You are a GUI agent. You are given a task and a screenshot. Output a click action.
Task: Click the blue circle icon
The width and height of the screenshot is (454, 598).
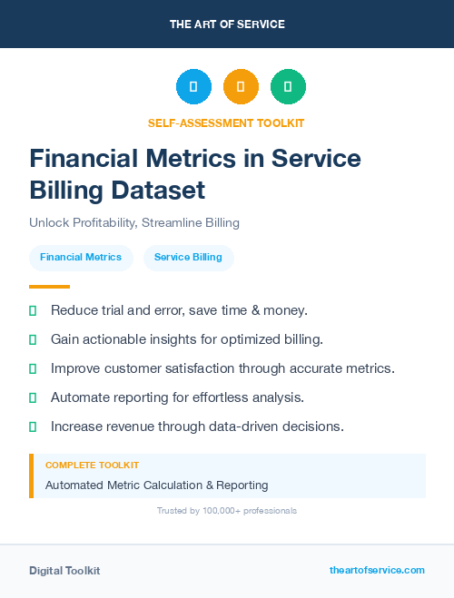193,86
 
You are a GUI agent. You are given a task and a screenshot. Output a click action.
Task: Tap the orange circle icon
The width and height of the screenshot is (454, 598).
241,86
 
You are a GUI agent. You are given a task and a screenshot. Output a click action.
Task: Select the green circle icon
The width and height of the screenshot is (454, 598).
288,86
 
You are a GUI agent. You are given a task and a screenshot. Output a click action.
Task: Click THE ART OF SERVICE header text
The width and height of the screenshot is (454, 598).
227,25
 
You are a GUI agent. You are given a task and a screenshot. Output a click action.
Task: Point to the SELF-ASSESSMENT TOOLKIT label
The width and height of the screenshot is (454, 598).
226,123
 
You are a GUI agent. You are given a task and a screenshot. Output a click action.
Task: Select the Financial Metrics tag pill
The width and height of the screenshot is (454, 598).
81,258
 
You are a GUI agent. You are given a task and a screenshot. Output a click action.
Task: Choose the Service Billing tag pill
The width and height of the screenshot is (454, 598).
188,258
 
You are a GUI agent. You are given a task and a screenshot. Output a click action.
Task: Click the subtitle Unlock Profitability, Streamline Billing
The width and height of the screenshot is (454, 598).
133,222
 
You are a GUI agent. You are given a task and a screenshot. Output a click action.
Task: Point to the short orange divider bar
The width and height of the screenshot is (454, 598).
49,287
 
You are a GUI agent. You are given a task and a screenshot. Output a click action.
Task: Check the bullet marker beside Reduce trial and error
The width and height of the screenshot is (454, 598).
33,310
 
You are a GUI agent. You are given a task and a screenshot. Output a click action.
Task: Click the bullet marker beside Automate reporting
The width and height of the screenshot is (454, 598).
33,397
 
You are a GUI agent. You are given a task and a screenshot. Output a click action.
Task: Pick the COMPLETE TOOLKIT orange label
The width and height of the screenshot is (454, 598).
92,466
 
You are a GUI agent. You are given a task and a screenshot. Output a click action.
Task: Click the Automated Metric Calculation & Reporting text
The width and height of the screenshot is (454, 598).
156,485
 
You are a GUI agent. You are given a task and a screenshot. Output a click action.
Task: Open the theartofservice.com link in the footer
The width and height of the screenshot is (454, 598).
377,570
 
